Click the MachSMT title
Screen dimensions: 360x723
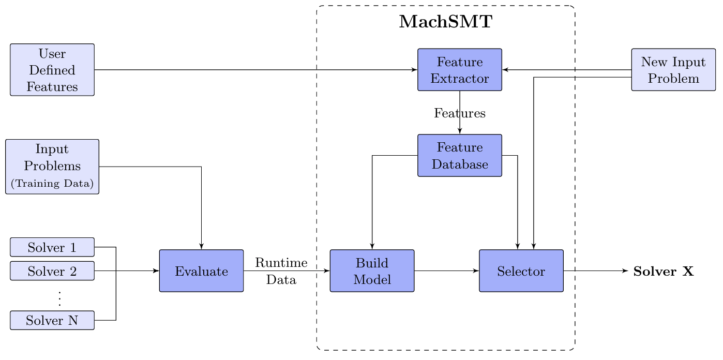click(445, 22)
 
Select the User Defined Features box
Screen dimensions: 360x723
click(52, 70)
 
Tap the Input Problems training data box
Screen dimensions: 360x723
click(52, 167)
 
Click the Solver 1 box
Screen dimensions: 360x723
click(52, 247)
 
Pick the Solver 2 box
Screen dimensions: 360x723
click(52, 271)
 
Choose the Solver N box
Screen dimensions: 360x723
click(52, 320)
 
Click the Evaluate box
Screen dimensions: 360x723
click(201, 271)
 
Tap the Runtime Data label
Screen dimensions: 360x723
click(281, 271)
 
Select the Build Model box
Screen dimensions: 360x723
click(372, 271)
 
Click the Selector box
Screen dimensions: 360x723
click(521, 271)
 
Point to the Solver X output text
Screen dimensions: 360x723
click(664, 271)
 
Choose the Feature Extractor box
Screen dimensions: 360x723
click(460, 70)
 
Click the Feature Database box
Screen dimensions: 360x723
click(460, 156)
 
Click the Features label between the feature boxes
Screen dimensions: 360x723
click(460, 113)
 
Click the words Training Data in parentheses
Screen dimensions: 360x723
click(52, 184)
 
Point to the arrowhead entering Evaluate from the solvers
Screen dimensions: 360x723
click(156, 271)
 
